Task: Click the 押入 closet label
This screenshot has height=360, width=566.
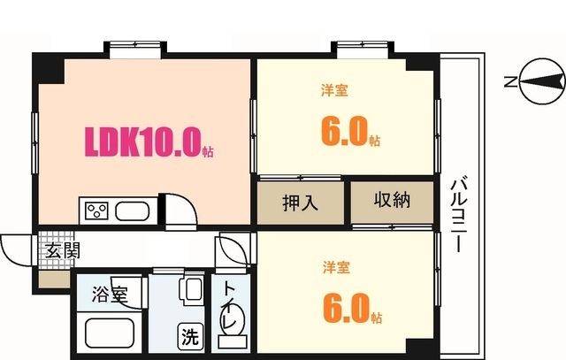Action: [x=300, y=202]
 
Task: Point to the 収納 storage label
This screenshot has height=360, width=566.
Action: [x=392, y=200]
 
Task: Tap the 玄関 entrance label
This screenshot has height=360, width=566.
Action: [x=61, y=250]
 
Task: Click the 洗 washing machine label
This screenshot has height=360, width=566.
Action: [x=190, y=336]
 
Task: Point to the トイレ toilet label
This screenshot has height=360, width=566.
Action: [x=228, y=305]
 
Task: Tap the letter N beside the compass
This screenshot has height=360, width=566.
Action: [x=509, y=82]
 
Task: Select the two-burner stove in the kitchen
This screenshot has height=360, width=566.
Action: [x=96, y=211]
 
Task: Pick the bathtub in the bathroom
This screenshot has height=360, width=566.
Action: [x=109, y=334]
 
